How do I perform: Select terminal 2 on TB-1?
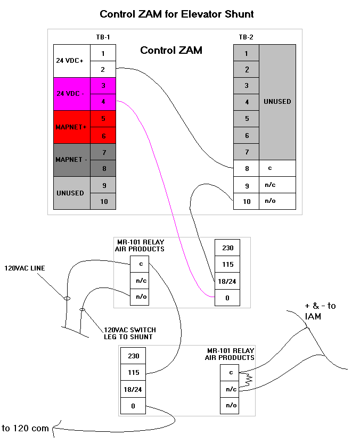103,70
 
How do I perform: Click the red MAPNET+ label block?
72,127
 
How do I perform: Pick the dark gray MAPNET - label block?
72,160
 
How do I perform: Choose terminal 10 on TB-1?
103,201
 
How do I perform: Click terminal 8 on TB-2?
246,168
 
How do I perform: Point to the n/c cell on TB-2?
277,185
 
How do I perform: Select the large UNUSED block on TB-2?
277,102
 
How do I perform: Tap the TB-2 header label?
246,37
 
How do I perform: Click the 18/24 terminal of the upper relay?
227,281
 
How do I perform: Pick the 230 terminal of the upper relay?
227,248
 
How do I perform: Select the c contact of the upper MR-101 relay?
139,264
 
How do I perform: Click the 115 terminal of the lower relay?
134,372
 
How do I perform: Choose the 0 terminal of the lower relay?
134,406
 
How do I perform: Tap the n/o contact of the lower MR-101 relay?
231,405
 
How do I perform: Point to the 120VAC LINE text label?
25,268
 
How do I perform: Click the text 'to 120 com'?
26,428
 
